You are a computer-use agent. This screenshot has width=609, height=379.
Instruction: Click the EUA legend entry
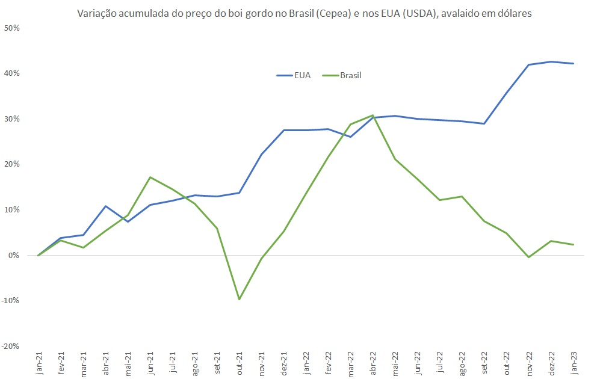[x=294, y=76]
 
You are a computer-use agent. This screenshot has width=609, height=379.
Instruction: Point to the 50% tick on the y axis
[x=12, y=28]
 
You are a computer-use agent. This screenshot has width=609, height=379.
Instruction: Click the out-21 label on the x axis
[x=240, y=364]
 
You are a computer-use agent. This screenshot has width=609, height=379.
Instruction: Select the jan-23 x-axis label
[x=574, y=364]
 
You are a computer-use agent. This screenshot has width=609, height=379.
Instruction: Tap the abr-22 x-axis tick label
[x=373, y=364]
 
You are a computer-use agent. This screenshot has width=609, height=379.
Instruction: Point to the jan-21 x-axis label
[x=40, y=364]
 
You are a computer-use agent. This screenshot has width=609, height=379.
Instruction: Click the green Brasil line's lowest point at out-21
[x=240, y=299]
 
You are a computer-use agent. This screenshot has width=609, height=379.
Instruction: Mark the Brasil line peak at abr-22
[x=373, y=115]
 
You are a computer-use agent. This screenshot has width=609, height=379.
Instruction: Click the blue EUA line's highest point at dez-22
[x=551, y=61]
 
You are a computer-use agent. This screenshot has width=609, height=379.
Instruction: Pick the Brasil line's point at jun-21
[x=150, y=177]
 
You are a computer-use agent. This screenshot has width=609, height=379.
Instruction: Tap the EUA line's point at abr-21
[x=106, y=206]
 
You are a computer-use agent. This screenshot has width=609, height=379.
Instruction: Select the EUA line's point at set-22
[x=484, y=124]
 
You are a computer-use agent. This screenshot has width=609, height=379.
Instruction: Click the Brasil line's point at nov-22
[x=529, y=257]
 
